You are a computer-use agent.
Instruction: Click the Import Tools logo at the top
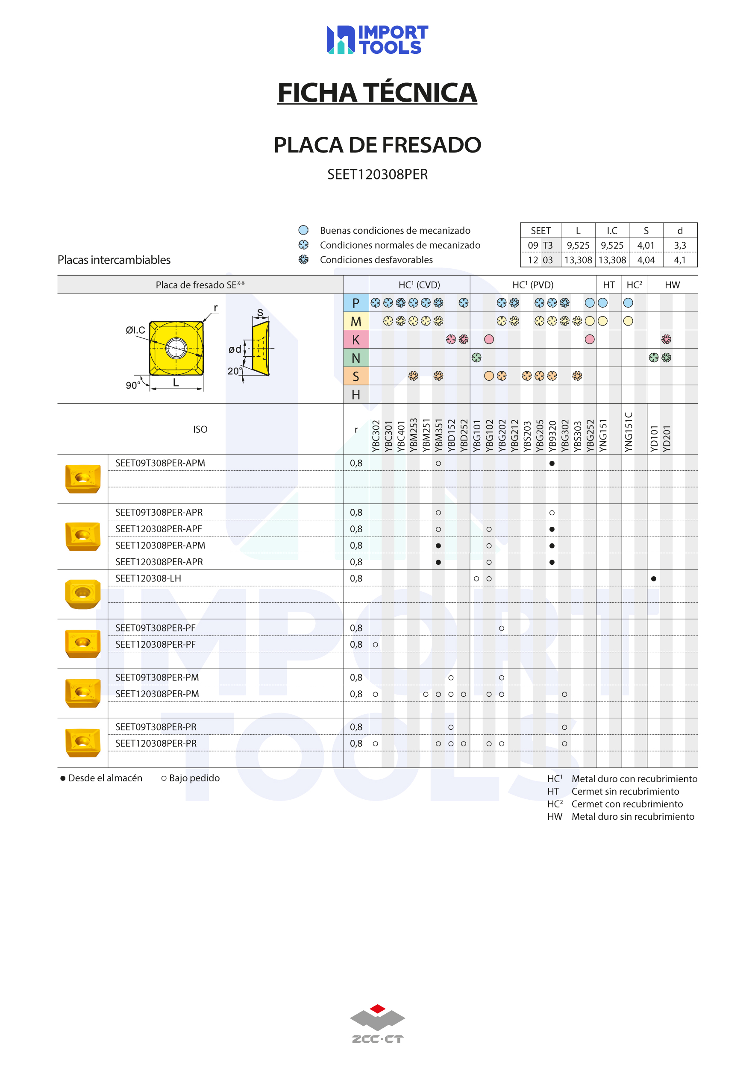pyautogui.click(x=377, y=40)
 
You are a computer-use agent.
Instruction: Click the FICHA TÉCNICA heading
pyautogui.click(x=377, y=93)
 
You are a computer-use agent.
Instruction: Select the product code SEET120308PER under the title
pyautogui.click(x=377, y=174)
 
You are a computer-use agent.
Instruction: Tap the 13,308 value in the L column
pyautogui.click(x=578, y=260)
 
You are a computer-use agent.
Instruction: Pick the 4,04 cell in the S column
pyautogui.click(x=646, y=260)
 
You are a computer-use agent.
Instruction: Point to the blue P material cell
pyautogui.click(x=356, y=303)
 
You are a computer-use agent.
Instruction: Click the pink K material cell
pyautogui.click(x=356, y=340)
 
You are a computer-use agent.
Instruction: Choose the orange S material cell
pyautogui.click(x=356, y=376)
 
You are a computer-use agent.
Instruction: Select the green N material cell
pyautogui.click(x=356, y=358)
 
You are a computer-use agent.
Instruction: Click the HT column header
pyautogui.click(x=608, y=285)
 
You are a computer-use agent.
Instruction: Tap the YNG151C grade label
pyautogui.click(x=629, y=431)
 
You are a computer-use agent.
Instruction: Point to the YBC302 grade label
pyautogui.click(x=376, y=436)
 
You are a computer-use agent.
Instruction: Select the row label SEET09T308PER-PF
pyautogui.click(x=156, y=628)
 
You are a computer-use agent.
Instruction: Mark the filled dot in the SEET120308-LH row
pyautogui.click(x=654, y=579)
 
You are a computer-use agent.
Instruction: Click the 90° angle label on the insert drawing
pyautogui.click(x=132, y=386)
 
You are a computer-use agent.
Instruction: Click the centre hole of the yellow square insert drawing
pyautogui.click(x=176, y=348)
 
